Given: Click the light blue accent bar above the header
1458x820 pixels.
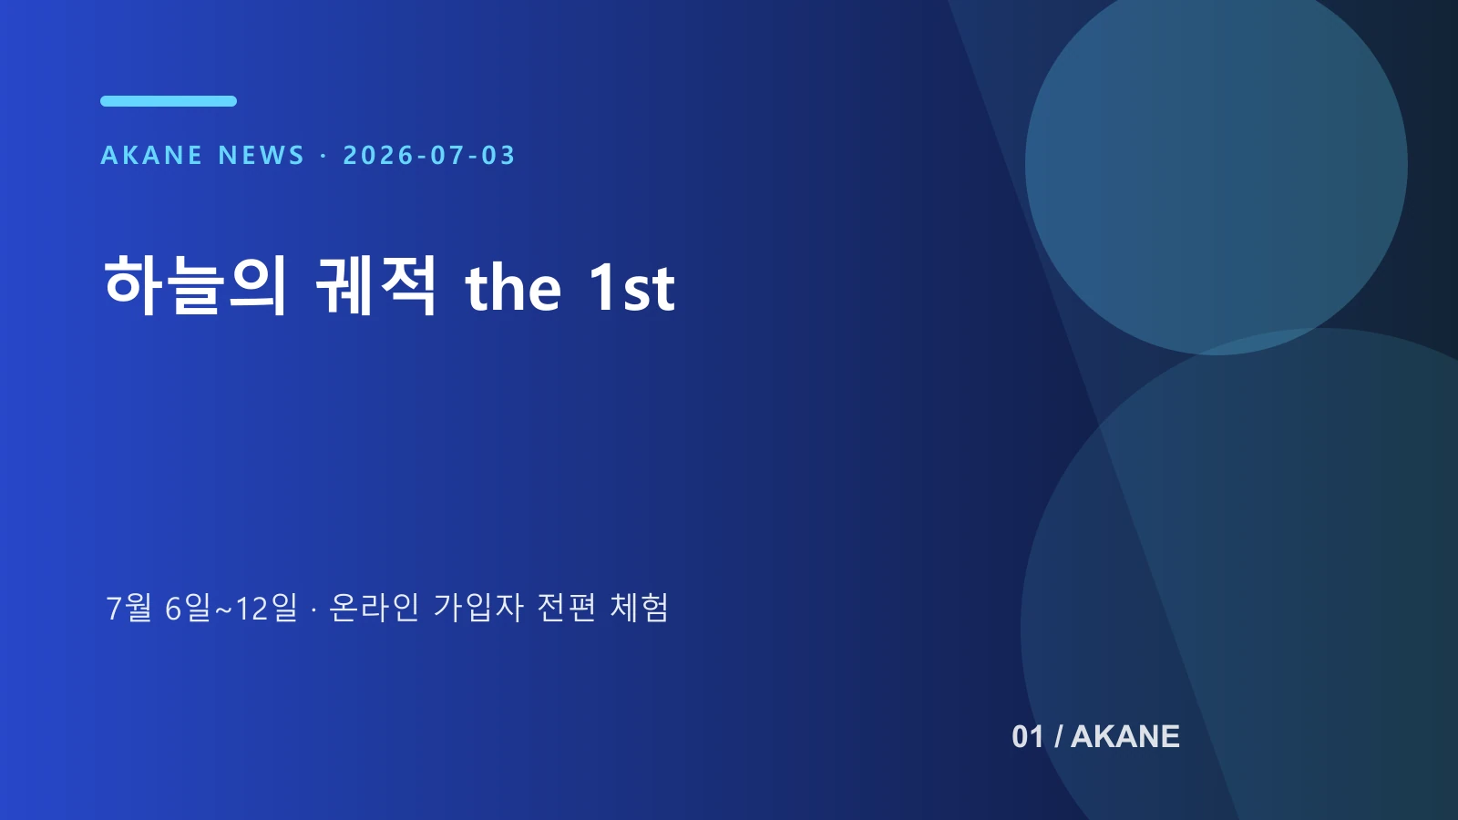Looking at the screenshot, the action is click(169, 101).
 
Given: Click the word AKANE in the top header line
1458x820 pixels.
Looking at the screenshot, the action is click(151, 156).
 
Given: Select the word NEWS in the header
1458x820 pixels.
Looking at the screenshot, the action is click(262, 156).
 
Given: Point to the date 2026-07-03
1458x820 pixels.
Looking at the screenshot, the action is click(429, 156).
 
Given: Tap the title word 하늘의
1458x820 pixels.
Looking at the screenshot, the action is click(195, 286).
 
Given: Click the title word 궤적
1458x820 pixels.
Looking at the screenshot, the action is click(375, 286).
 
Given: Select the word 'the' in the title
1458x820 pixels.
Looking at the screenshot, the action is click(513, 288).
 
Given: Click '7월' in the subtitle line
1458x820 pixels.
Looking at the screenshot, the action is click(128, 608).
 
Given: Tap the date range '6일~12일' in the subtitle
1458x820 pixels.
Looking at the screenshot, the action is click(231, 608).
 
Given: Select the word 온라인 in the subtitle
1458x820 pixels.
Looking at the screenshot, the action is click(375, 608).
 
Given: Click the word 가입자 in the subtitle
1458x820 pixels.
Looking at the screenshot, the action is click(478, 608).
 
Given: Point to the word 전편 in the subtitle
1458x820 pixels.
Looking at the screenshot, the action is click(566, 608).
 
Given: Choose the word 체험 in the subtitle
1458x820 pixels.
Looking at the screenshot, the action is click(639, 608).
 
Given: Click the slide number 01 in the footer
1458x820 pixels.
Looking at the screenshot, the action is click(1028, 737).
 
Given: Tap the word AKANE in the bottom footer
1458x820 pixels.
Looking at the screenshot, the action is click(1125, 737).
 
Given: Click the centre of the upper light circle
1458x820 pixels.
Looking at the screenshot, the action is click(1216, 165).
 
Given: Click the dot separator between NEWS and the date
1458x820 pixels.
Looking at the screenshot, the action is click(323, 156).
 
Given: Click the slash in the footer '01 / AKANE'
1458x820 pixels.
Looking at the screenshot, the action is click(1058, 737).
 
